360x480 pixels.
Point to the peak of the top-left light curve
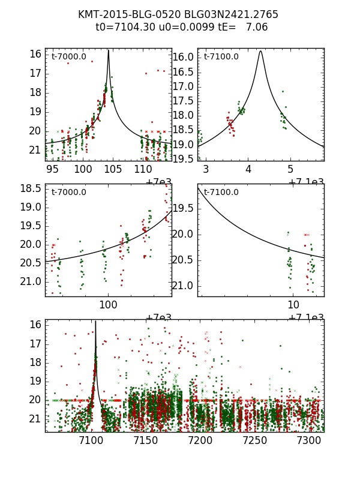(109, 51)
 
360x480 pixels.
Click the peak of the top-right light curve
(260, 52)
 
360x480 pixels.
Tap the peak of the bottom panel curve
(95, 322)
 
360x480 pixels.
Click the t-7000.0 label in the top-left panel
(69, 57)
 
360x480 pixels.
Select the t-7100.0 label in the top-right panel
(221, 57)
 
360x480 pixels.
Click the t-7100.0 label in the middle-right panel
(221, 193)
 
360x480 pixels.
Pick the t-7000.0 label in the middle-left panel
(69, 193)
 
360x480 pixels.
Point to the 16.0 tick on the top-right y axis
(185, 58)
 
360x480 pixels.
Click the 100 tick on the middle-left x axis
(108, 305)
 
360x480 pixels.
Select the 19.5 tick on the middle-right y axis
(185, 208)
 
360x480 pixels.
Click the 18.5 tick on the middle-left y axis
(32, 189)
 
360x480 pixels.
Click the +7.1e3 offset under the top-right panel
(306, 182)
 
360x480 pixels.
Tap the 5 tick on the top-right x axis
(290, 169)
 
